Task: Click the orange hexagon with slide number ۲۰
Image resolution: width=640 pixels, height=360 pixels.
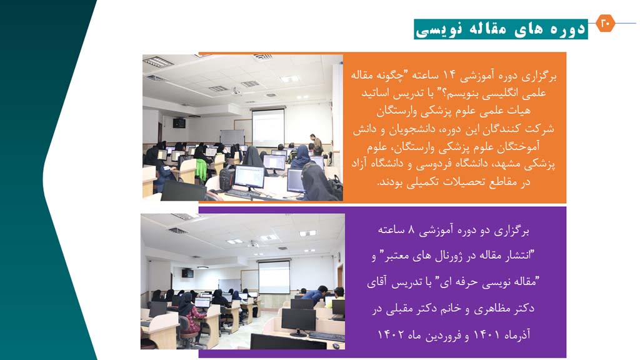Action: tap(605, 23)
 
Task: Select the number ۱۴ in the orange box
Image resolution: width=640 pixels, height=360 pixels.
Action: tap(449, 75)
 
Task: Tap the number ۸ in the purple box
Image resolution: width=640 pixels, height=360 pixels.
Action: tap(411, 230)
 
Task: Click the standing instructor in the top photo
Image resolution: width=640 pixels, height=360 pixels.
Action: tap(316, 144)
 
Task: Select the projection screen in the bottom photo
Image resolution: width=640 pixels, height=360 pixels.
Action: tap(274, 277)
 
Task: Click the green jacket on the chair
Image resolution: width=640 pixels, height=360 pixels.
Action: tap(201, 170)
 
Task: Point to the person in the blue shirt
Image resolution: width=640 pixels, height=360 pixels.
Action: tap(315, 294)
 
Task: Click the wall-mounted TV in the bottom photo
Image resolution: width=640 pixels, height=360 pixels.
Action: tap(187, 273)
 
